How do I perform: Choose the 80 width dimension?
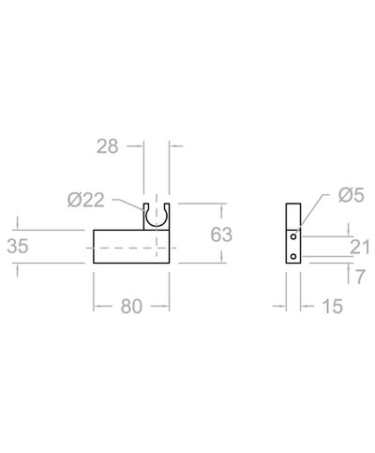pyautogui.click(x=131, y=306)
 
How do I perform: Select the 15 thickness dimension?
pyautogui.click(x=331, y=306)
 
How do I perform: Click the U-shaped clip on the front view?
pyautogui.click(x=156, y=217)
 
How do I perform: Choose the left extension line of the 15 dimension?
pyautogui.click(x=287, y=291)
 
